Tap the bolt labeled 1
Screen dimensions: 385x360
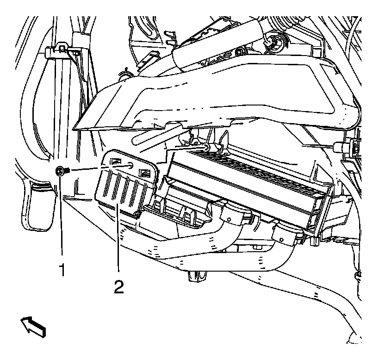point(61,171)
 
